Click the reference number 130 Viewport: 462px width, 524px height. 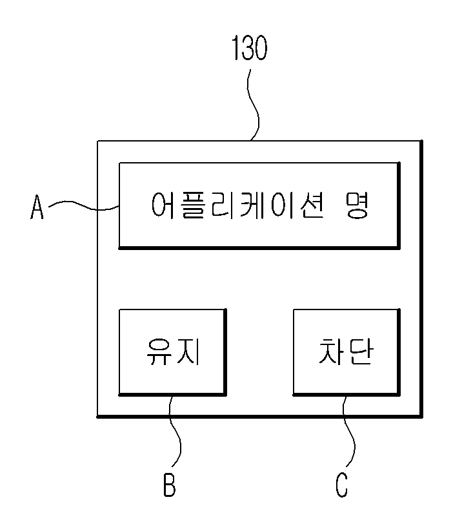tap(250, 48)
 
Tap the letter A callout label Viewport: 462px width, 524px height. tap(37, 207)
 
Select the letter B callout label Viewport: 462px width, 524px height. tap(169, 485)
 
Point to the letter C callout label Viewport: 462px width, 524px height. tap(341, 485)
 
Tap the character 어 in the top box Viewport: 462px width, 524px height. tap(163, 205)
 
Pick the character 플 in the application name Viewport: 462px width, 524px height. tap(193, 205)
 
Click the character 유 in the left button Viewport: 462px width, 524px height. tap(159, 351)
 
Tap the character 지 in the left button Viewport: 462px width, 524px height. tap(188, 351)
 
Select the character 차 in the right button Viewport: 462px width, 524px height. tap(330, 351)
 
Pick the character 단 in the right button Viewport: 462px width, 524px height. tap(360, 351)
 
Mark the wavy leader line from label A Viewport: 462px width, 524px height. tap(84, 206)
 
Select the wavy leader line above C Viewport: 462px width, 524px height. tap(349, 431)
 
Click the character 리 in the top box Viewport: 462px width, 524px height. tap(223, 205)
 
